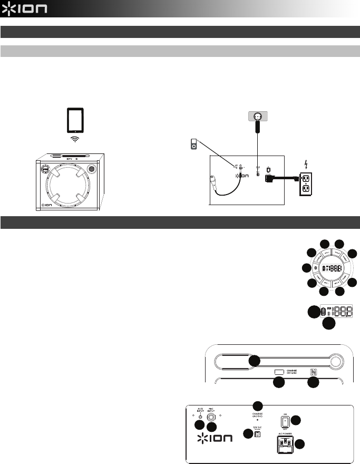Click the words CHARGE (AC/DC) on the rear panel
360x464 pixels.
click(x=258, y=415)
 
